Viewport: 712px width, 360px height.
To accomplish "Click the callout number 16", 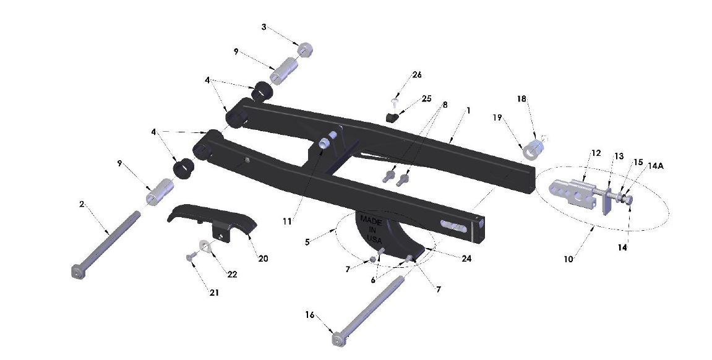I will pyautogui.click(x=309, y=315).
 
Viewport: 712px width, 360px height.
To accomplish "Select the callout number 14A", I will pyautogui.click(x=656, y=166).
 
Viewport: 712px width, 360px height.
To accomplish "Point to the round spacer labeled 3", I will pyautogui.click(x=304, y=49).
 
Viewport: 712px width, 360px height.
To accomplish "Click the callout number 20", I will pyautogui.click(x=263, y=259).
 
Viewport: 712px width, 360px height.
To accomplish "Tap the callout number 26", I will pyautogui.click(x=417, y=75).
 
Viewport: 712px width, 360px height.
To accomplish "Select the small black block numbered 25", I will pyautogui.click(x=391, y=116).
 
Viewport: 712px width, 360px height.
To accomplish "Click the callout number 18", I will pyautogui.click(x=521, y=99).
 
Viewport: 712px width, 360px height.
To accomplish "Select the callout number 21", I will pyautogui.click(x=214, y=292).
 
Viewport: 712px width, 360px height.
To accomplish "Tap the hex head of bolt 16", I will pyautogui.click(x=338, y=340).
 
